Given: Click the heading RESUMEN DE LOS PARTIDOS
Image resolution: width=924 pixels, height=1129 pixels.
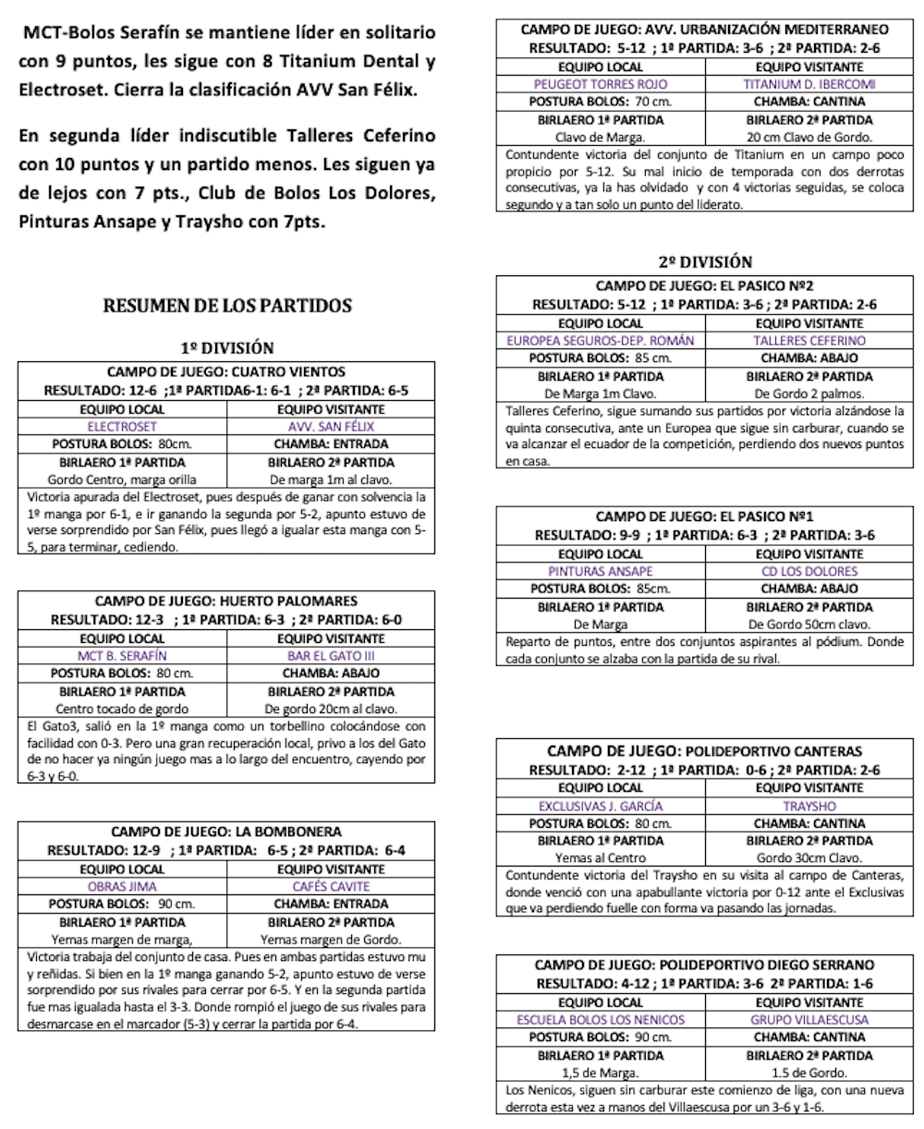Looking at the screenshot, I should click(226, 305).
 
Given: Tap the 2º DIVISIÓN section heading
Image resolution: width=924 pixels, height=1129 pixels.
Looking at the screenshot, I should click(705, 261).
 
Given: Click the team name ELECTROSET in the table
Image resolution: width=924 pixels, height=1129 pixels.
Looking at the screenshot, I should click(122, 427).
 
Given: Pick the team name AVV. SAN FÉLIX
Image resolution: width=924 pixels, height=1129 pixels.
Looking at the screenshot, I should click(331, 427).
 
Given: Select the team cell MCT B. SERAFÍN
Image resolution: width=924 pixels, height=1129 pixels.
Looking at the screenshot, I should click(122, 656).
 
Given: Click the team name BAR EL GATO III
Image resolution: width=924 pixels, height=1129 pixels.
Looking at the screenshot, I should click(331, 656).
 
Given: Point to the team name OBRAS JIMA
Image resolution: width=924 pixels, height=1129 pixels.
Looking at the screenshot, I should click(122, 886).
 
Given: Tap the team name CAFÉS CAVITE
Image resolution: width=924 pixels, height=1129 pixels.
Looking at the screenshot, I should click(331, 886).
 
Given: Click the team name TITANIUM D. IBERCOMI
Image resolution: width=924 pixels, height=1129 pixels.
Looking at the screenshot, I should click(809, 83).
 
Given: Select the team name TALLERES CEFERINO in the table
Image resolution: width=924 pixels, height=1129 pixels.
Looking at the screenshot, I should click(809, 340).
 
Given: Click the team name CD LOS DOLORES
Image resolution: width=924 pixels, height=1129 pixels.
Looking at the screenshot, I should click(809, 571).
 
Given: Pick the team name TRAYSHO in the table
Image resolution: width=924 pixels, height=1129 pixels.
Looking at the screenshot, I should click(809, 806).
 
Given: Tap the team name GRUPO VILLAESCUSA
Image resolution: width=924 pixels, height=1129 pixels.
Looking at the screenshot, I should click(809, 1020).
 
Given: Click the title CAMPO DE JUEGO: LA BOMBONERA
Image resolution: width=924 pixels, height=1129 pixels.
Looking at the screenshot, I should click(226, 832).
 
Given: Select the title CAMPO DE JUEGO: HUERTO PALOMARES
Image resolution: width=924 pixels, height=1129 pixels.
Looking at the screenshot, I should click(226, 601).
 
